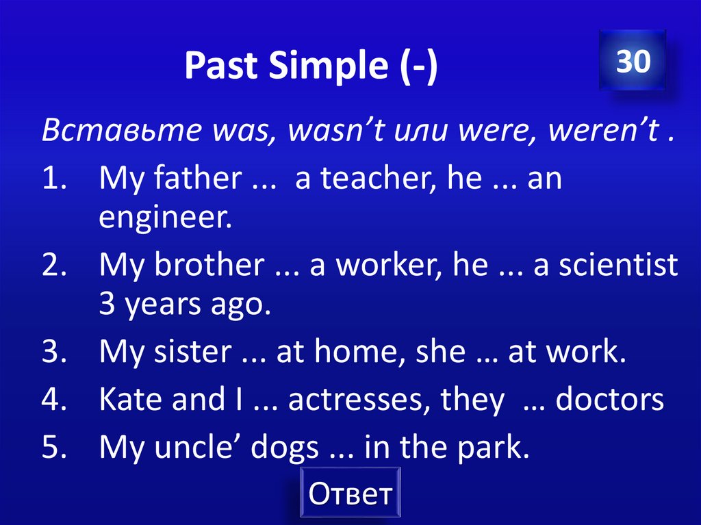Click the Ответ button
tap(350, 492)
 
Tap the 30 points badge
tap(633, 62)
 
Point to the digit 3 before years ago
tap(106, 305)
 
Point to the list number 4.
tap(53, 400)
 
